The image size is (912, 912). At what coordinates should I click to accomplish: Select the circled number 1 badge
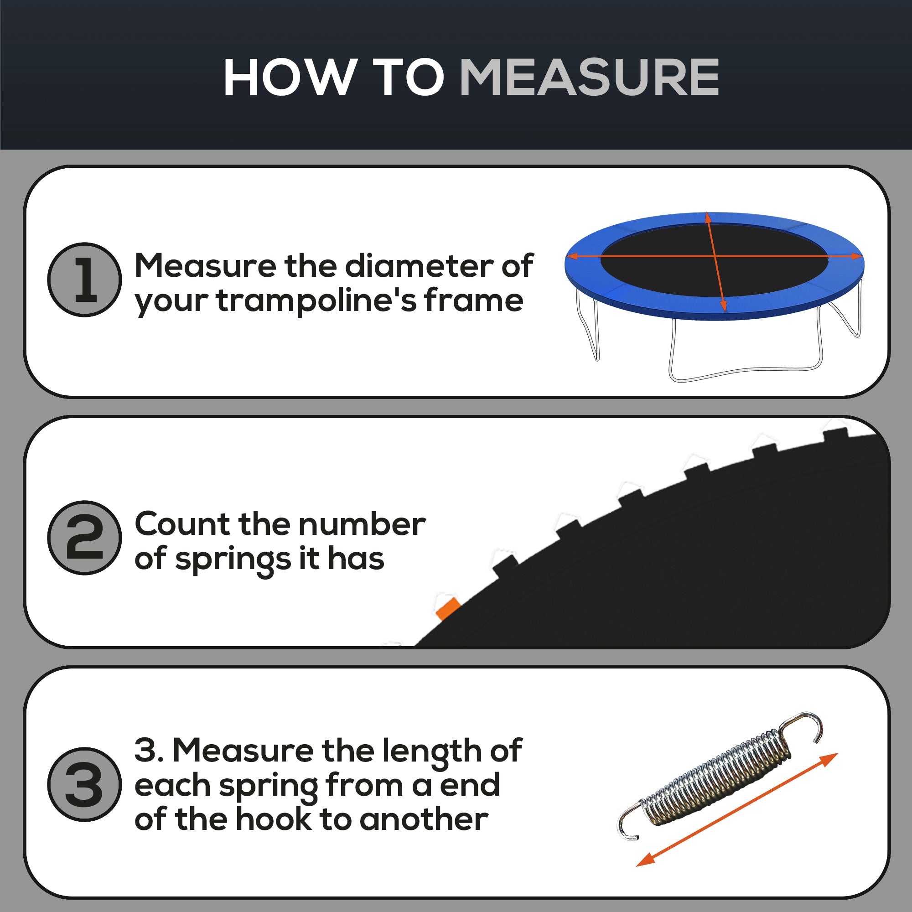[x=84, y=280]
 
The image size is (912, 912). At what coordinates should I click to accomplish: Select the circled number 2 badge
[x=84, y=537]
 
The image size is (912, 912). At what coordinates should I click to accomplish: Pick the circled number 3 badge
[x=84, y=784]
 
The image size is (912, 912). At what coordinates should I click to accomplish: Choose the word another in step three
[x=424, y=819]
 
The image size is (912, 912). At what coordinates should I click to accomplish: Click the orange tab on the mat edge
[x=447, y=608]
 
